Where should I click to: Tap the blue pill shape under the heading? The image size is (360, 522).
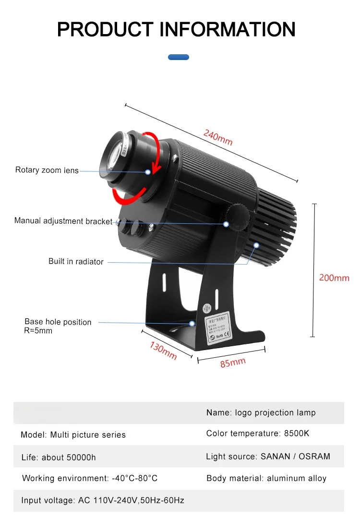(179, 57)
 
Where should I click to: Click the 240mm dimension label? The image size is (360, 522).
(218, 138)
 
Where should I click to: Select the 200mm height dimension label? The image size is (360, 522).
(334, 278)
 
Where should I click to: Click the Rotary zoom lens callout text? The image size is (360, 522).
(47, 170)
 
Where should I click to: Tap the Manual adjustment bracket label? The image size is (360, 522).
(63, 221)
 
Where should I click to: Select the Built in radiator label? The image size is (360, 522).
(76, 262)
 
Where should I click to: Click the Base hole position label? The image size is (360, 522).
(58, 322)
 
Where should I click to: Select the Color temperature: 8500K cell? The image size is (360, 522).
(258, 433)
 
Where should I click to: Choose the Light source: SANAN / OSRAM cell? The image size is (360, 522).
(268, 456)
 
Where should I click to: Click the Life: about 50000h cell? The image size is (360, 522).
(58, 457)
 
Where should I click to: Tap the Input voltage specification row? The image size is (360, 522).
(103, 500)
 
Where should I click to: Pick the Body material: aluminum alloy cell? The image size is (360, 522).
(266, 478)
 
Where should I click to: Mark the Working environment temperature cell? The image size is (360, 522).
(89, 478)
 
